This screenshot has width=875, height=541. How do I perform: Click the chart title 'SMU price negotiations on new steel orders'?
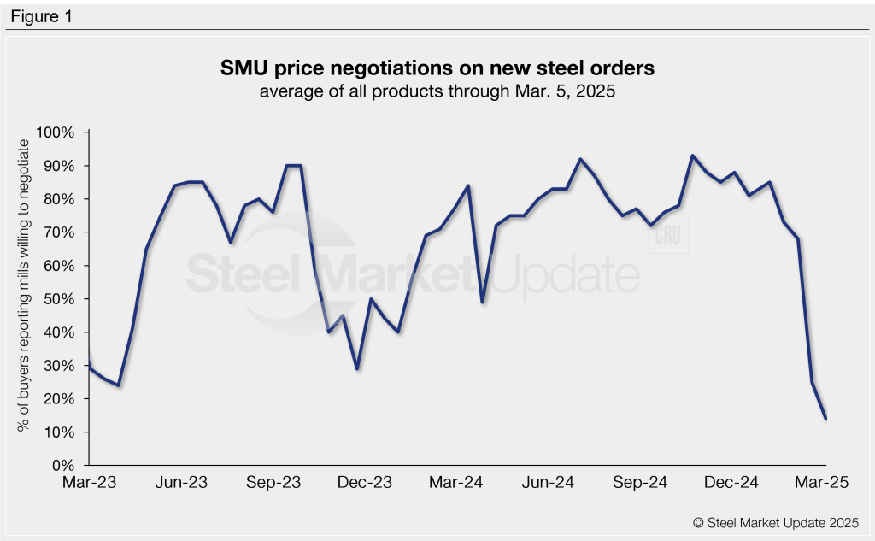point(437,68)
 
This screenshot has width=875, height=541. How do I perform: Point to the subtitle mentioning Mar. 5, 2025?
point(437,92)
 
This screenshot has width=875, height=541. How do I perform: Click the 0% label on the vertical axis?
point(65,466)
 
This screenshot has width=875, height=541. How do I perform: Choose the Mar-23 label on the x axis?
point(90,483)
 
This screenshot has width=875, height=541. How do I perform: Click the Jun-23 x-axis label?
point(182,483)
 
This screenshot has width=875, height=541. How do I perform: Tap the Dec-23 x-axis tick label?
point(365,483)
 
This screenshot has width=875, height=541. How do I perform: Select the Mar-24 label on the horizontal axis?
point(456,483)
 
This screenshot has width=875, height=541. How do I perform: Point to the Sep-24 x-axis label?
point(640,483)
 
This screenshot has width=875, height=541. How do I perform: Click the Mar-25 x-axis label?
point(822,483)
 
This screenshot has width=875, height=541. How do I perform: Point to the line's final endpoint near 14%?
point(825,418)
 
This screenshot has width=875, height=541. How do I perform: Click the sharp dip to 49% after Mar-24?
point(483,303)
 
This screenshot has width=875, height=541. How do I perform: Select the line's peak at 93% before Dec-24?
point(692,156)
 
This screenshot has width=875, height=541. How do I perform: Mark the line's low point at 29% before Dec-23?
point(357,369)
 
